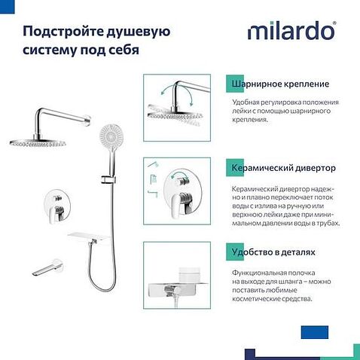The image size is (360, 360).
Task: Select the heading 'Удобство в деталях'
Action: tap(269, 252)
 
